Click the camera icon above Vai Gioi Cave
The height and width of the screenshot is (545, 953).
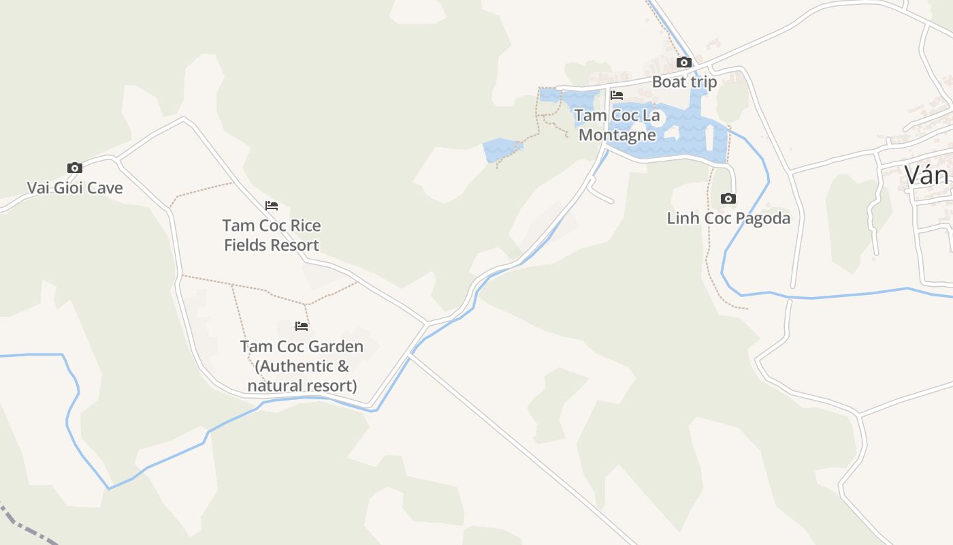(75, 168)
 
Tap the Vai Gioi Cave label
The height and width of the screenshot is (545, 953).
(75, 187)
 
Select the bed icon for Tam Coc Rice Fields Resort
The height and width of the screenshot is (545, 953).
(272, 205)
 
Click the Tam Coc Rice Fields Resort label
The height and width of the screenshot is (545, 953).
(272, 235)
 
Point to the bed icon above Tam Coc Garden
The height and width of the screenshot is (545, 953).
(302, 326)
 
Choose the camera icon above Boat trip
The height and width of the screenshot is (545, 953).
(684, 63)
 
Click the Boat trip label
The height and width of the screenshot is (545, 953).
(684, 82)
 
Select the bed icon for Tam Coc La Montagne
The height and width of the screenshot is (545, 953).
(617, 95)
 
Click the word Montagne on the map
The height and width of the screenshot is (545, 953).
(617, 135)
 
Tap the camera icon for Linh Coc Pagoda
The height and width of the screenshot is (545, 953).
(728, 199)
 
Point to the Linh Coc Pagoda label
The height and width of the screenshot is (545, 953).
(728, 218)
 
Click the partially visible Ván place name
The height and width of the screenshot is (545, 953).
(926, 175)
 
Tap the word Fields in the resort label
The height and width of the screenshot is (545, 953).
(247, 245)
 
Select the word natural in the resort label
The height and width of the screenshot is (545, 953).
(274, 386)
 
